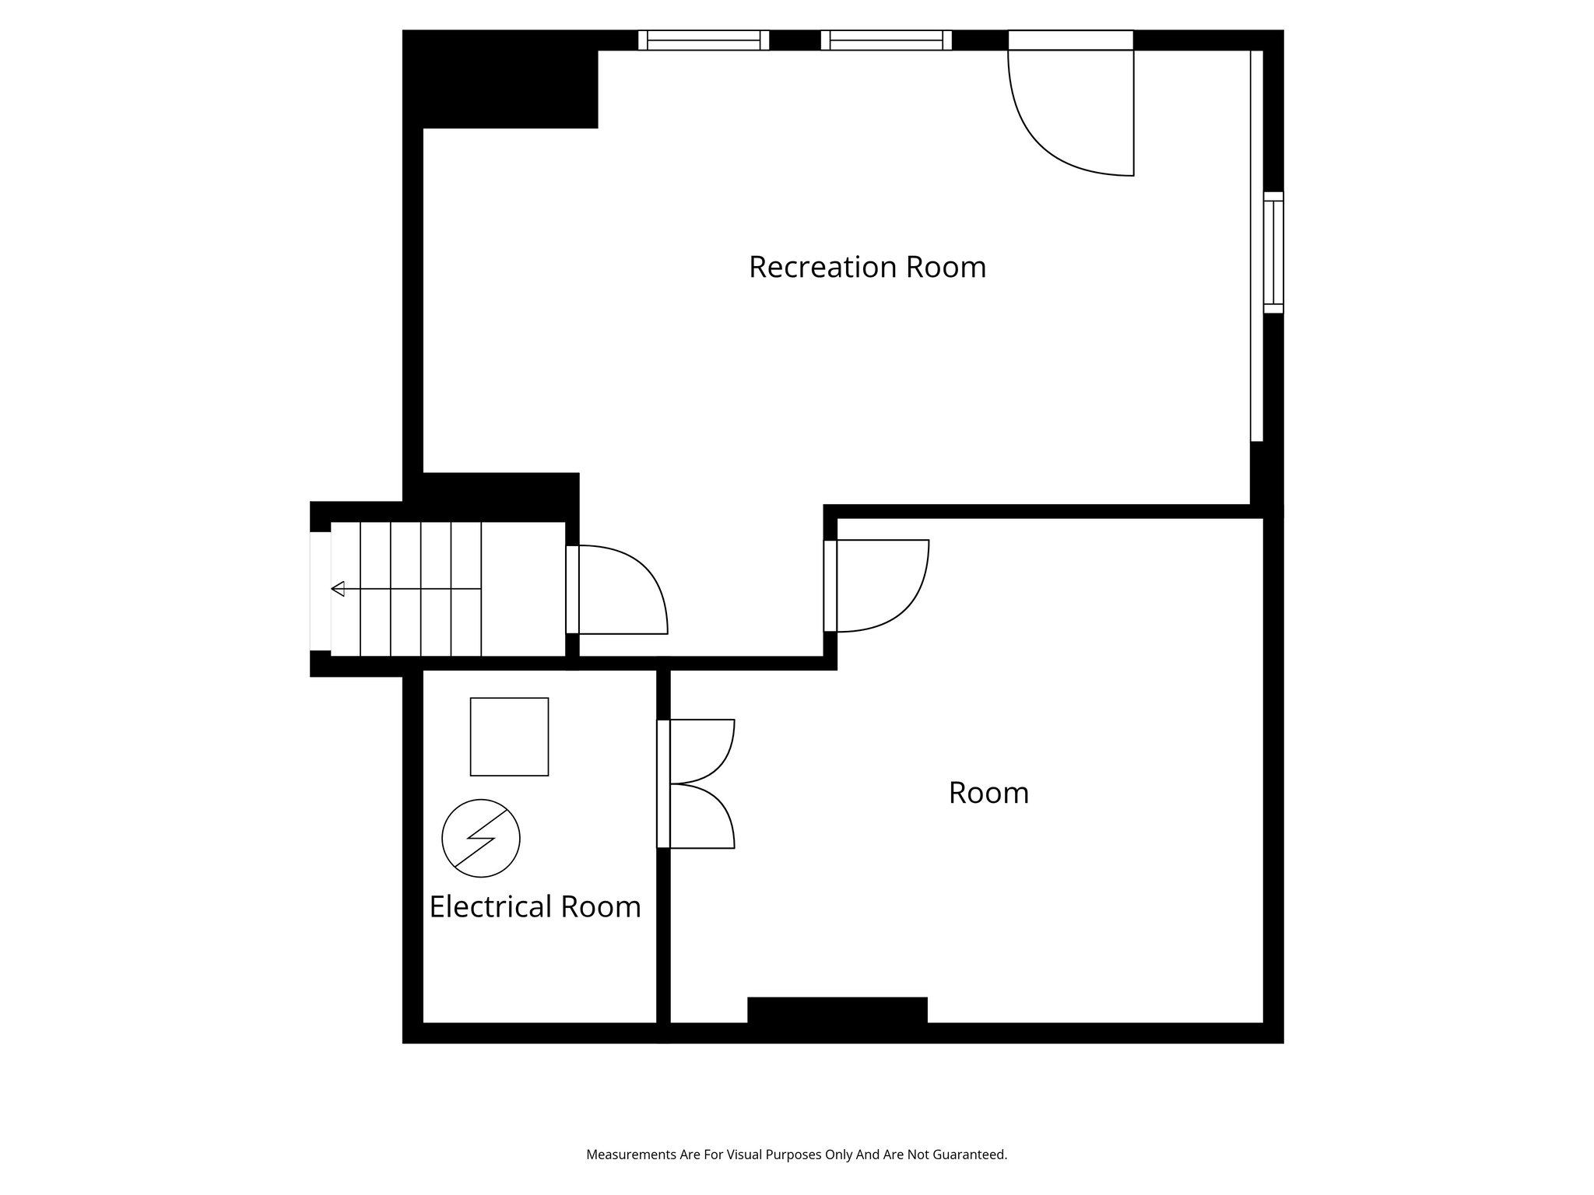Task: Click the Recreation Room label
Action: tap(867, 267)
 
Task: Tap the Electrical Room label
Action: tap(535, 906)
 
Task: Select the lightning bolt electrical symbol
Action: tap(480, 838)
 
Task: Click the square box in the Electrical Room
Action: tap(509, 736)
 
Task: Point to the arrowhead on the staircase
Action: tap(338, 588)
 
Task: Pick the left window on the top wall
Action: tap(704, 40)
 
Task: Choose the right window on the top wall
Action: tap(886, 40)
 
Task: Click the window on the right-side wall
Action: tap(1273, 252)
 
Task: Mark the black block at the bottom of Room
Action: tap(837, 1010)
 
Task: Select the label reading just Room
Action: tap(988, 793)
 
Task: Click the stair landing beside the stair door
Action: tap(523, 588)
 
